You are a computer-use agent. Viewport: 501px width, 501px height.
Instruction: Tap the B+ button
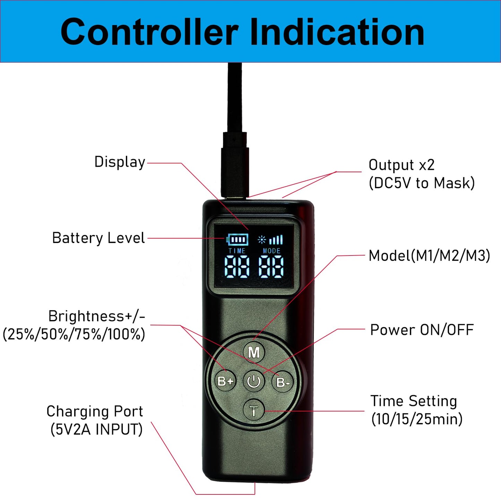226,381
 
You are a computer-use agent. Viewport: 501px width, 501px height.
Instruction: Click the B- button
282,382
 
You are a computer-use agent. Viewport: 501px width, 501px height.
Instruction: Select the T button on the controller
254,411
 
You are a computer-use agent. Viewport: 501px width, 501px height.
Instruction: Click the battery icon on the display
237,240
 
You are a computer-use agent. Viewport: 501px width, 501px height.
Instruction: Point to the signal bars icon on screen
276,240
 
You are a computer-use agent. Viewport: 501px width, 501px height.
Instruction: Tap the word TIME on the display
237,251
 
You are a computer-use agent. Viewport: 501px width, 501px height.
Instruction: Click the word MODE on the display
271,251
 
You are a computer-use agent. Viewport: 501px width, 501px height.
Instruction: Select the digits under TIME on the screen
237,267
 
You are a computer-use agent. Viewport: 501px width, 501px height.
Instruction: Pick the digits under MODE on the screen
271,267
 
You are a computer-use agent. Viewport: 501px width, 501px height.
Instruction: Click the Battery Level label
98,238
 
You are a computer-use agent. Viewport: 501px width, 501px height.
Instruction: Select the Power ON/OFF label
422,330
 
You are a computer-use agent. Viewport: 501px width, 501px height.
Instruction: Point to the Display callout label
120,162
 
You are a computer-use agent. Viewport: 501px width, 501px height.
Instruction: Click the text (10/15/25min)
417,420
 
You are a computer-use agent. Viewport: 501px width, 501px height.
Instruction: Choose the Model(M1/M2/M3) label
429,256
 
